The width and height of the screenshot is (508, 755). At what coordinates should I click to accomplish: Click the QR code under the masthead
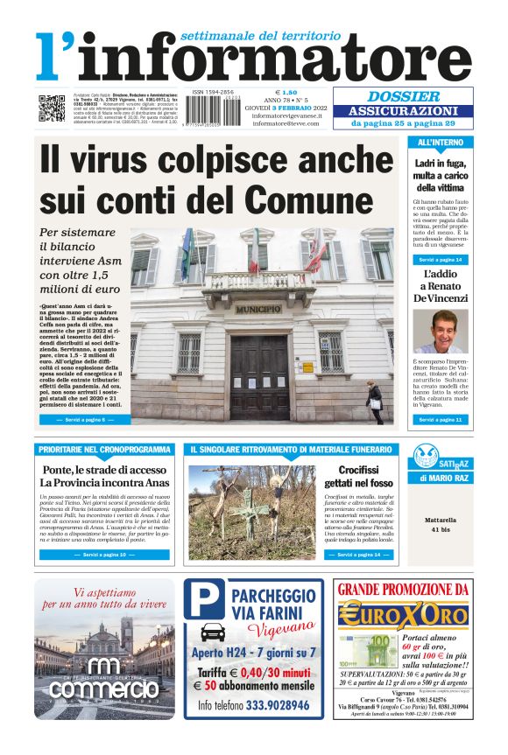click(x=51, y=108)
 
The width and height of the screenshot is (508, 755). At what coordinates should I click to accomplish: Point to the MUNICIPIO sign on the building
click(x=259, y=309)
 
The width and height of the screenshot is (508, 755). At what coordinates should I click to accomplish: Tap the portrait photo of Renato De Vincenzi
click(x=441, y=332)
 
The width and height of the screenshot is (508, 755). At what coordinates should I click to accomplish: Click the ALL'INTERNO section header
click(x=441, y=143)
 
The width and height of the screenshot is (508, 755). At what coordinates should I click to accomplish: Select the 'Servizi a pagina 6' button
click(x=85, y=420)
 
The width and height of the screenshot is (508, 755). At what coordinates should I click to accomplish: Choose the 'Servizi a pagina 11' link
click(x=441, y=420)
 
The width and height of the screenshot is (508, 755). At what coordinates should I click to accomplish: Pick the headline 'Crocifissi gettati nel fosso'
click(x=356, y=477)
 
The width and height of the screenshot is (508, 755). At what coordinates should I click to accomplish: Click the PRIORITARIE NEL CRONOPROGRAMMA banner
click(x=104, y=450)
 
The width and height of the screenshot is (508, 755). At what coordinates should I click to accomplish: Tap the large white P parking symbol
click(x=208, y=600)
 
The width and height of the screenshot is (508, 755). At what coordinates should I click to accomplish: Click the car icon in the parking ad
click(x=212, y=633)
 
